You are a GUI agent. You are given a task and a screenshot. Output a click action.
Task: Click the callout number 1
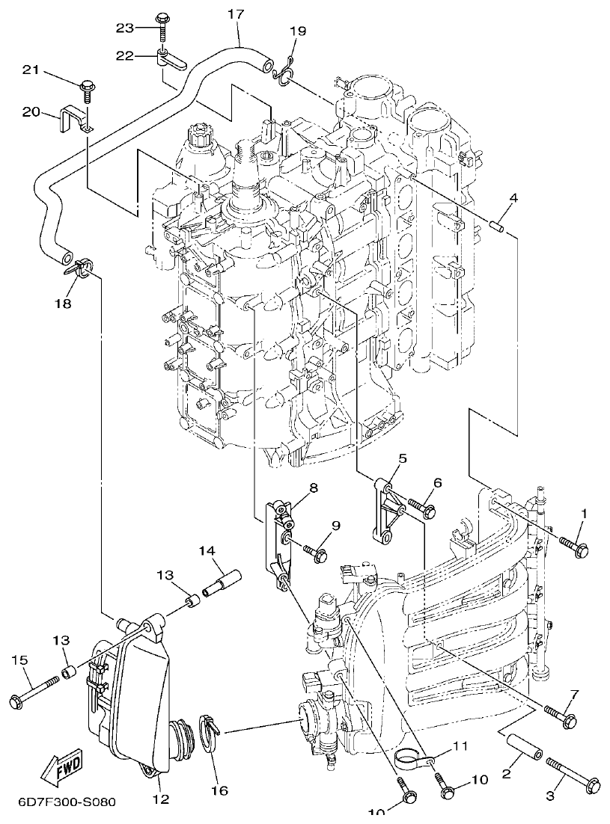coord(585,514)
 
